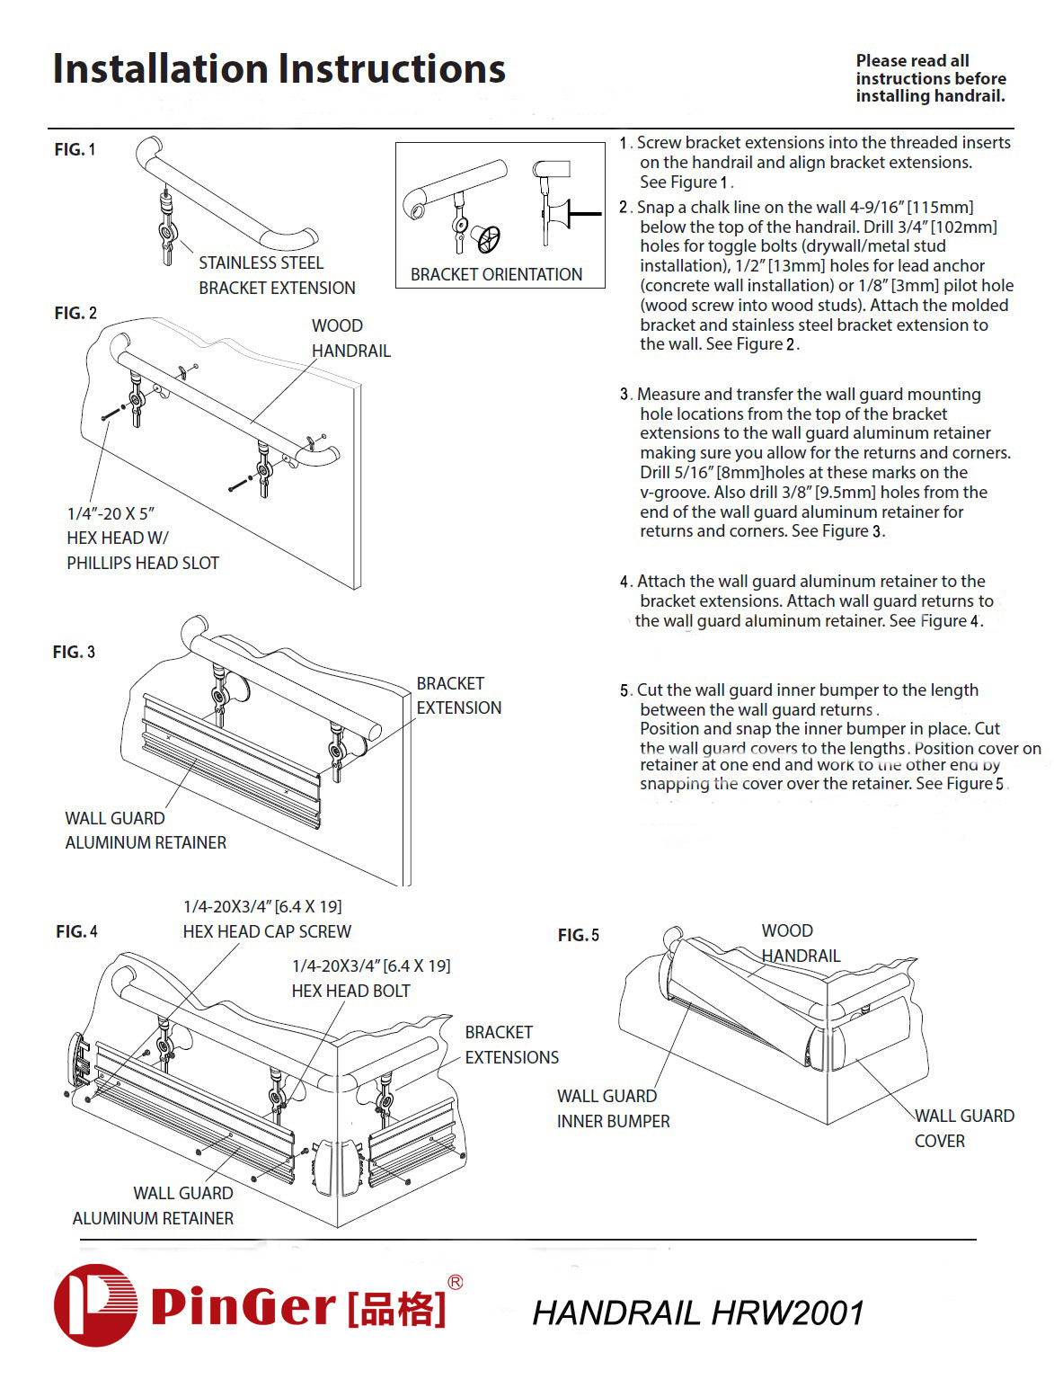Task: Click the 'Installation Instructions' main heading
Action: [x=279, y=69]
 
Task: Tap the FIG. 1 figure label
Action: [x=75, y=149]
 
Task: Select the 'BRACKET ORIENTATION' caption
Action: [x=496, y=274]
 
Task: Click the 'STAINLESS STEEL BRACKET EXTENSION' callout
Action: [x=276, y=275]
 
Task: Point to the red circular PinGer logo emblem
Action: [x=95, y=1304]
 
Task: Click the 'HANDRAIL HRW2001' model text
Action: [x=698, y=1312]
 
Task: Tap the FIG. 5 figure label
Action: [x=578, y=935]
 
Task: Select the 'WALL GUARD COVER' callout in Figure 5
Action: [x=963, y=1128]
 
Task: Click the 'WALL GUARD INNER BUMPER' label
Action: [x=613, y=1108]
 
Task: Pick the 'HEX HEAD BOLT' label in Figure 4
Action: [x=350, y=991]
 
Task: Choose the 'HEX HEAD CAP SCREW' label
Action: [x=267, y=931]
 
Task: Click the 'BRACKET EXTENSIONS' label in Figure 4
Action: [x=511, y=1045]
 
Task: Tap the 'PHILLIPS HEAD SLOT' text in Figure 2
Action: [x=143, y=563]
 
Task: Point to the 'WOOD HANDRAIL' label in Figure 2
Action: [x=350, y=338]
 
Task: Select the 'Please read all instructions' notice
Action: [x=930, y=78]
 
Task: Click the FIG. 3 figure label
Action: [x=74, y=652]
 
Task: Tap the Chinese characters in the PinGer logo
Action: [x=396, y=1307]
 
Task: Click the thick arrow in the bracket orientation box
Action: [x=584, y=214]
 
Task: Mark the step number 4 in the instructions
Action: [x=624, y=582]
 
